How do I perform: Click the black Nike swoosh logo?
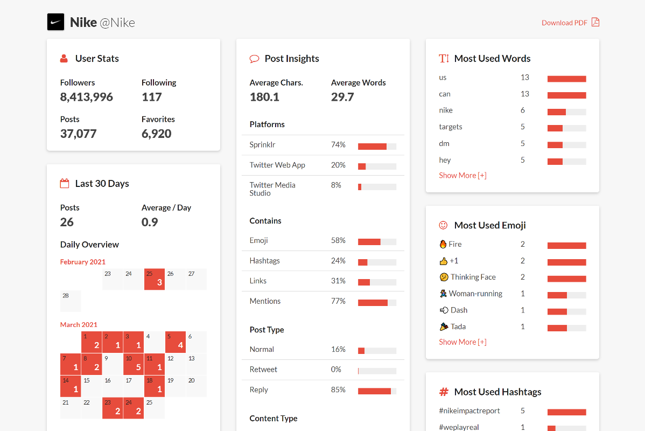(56, 22)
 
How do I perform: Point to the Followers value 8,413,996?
(87, 97)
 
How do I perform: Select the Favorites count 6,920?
(157, 134)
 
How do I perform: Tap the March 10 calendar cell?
(134, 364)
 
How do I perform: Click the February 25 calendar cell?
(155, 279)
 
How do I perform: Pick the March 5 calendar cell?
(176, 342)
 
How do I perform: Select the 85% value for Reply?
(338, 390)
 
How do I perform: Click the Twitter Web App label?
(277, 165)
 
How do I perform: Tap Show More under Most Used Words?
(462, 175)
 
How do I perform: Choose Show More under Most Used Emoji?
(462, 342)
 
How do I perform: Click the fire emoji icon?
(443, 244)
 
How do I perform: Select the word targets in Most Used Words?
(451, 127)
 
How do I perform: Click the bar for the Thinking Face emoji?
(566, 279)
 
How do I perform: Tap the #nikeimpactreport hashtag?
(469, 411)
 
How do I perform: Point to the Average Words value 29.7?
(342, 97)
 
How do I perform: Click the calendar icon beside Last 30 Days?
(65, 184)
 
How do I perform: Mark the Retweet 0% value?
(336, 370)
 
